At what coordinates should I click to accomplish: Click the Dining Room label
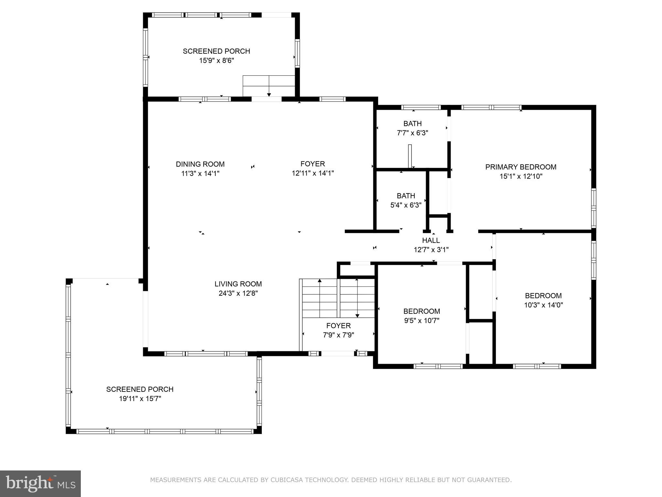200,164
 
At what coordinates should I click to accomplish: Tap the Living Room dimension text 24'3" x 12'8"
238,293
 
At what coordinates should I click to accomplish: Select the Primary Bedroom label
521,167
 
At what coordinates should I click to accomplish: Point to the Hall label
431,240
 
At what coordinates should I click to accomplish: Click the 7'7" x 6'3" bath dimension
412,133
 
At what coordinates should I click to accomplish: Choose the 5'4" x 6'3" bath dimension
406,205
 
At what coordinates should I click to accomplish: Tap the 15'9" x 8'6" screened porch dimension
217,61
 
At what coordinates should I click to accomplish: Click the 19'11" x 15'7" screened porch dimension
140,399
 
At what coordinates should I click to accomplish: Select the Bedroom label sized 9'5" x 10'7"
422,311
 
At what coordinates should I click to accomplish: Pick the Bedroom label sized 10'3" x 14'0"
543,296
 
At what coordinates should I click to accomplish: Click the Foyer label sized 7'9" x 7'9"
338,326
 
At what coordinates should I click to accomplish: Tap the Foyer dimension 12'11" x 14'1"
313,173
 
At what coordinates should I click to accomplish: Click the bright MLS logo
40,484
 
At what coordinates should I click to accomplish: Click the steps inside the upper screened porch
269,86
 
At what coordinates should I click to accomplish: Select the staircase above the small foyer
338,298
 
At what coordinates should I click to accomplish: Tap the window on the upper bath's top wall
421,107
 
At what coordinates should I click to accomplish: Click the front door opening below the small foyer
337,354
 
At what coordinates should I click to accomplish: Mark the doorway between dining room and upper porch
267,99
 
